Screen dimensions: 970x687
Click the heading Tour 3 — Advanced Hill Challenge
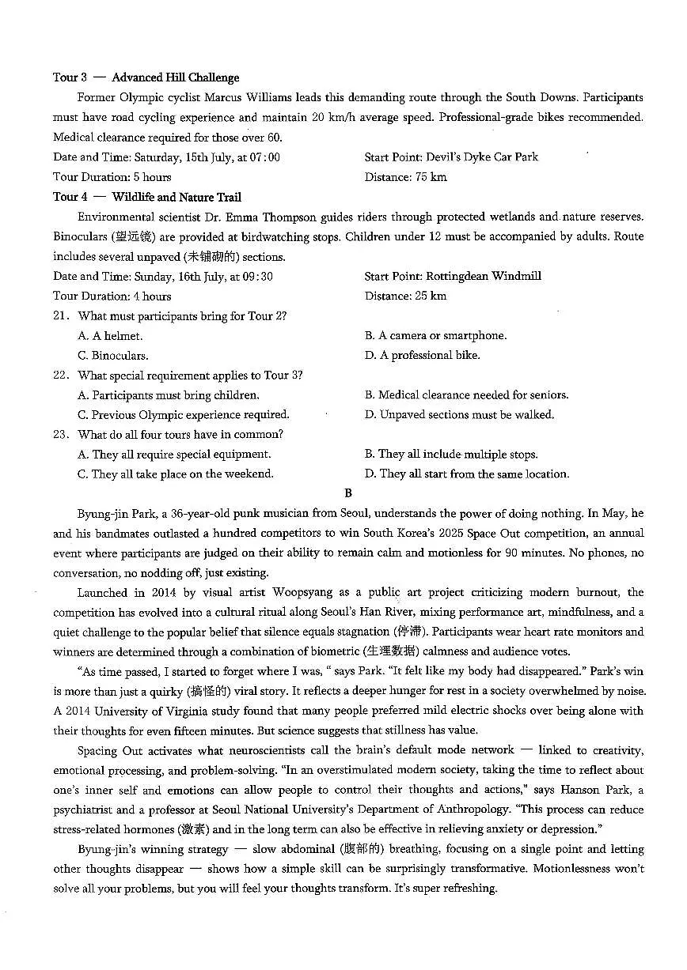(146, 77)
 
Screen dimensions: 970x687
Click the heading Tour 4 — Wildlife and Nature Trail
(147, 197)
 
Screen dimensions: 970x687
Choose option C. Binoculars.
(112, 356)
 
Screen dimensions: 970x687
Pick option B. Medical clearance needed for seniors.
(466, 395)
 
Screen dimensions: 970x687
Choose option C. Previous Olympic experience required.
(183, 415)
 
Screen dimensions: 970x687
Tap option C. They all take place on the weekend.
(175, 474)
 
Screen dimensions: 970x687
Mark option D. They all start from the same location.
(466, 474)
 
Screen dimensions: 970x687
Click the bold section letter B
(348, 493)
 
